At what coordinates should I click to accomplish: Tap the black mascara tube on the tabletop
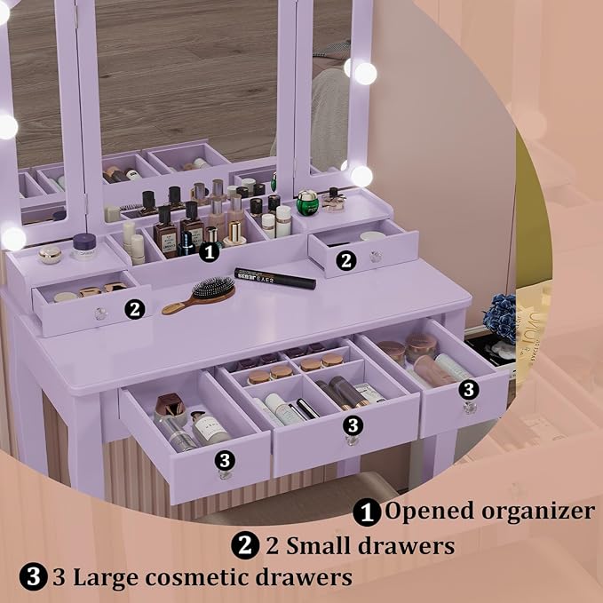click(274, 279)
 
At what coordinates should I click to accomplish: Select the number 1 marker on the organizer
click(210, 252)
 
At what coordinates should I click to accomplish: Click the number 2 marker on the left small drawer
click(134, 309)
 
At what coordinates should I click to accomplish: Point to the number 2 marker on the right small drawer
click(346, 260)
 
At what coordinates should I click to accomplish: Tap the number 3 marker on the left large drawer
click(225, 459)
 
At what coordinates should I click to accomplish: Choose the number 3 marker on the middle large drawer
click(353, 424)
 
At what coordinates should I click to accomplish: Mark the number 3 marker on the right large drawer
click(469, 389)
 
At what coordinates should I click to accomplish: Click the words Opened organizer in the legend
click(488, 512)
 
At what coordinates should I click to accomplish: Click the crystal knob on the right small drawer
click(377, 257)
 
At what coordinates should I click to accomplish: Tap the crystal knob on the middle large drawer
click(352, 440)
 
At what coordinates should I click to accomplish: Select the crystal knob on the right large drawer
click(469, 407)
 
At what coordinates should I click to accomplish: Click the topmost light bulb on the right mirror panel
click(365, 73)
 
